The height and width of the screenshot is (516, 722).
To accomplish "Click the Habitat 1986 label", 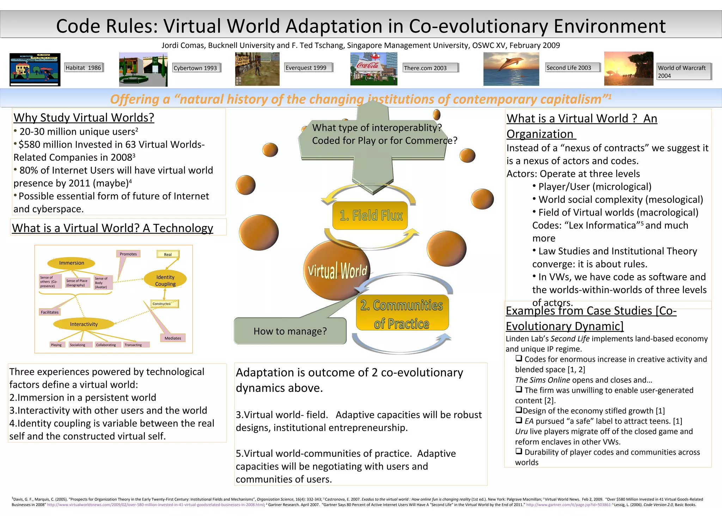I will (84, 68).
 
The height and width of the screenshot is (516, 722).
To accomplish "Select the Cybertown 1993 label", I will (196, 68).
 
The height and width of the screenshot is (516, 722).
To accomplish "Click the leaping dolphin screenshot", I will (511, 69).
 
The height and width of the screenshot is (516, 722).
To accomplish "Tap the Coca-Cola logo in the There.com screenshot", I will (367, 65).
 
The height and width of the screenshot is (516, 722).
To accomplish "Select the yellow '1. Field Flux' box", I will (370, 215).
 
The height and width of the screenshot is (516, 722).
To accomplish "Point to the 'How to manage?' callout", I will (290, 331).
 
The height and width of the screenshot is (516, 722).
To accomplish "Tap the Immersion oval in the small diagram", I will (72, 263).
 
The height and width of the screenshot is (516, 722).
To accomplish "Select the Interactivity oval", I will (84, 324).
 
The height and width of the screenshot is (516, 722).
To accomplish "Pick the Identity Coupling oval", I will (165, 280).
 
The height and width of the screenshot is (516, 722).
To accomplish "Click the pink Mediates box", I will (173, 338).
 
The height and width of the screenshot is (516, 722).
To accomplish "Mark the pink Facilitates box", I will (50, 312).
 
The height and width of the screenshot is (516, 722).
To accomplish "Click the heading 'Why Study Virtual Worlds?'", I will (84, 117).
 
